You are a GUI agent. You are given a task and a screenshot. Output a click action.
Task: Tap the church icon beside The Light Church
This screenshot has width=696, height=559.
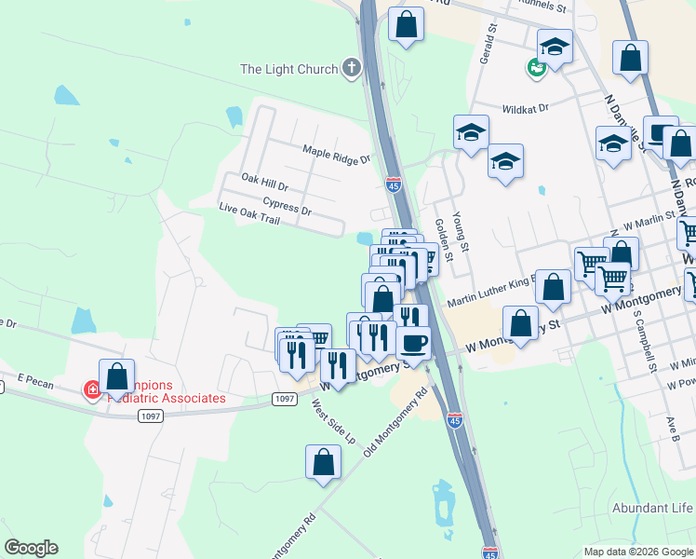[351, 67]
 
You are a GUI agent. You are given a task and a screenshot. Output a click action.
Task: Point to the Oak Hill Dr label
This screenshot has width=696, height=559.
[265, 181]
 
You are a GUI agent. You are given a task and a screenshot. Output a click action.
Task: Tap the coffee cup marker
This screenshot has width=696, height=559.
[413, 343]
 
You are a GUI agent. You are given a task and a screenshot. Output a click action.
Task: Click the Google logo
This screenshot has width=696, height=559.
[31, 548]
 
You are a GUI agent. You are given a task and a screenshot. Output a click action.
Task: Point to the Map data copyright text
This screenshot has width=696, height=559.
[638, 552]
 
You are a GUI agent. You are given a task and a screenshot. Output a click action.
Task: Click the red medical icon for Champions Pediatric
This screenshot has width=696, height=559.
[93, 390]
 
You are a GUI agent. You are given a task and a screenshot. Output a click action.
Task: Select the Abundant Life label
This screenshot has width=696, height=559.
[652, 508]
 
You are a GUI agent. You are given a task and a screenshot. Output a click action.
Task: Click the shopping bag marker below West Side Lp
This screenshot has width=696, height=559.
[323, 463]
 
